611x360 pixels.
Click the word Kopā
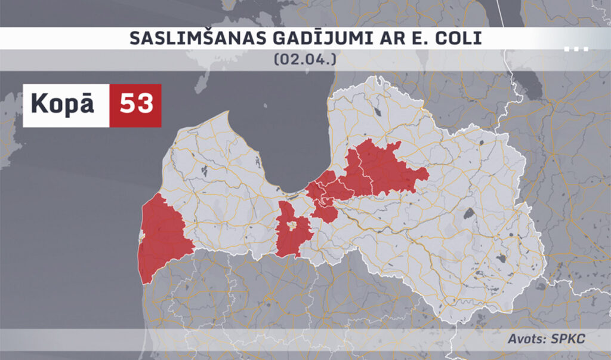pos(63,104)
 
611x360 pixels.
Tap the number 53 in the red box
pos(136,104)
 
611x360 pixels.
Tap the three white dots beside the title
pos(576,49)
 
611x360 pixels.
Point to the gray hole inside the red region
pos(292,225)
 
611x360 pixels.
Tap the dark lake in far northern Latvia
pos(378,111)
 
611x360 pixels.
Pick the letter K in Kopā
pos(37,104)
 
